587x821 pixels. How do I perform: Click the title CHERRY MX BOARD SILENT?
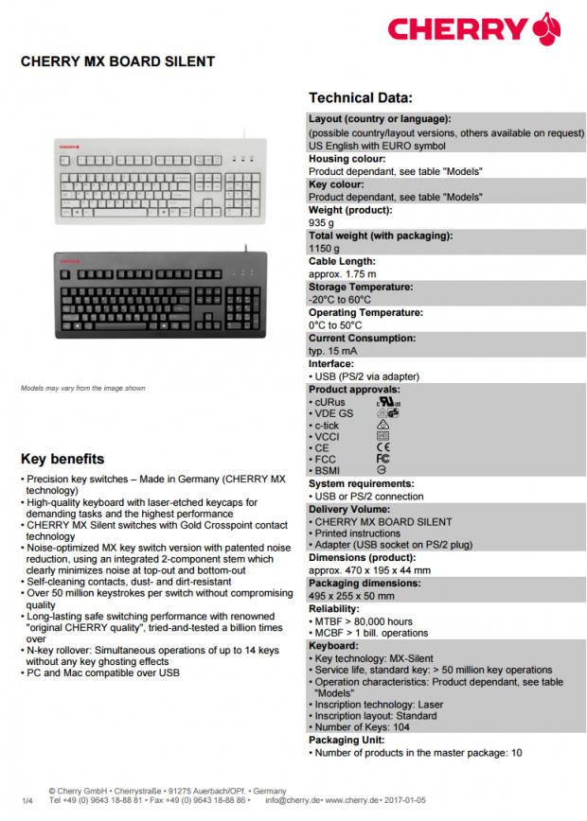click(117, 62)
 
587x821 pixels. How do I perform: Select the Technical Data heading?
click(360, 97)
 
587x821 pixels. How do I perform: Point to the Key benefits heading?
click(62, 459)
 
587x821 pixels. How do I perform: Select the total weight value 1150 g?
click(324, 249)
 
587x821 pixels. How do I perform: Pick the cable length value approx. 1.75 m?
click(342, 274)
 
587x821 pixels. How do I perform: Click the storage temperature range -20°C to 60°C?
click(340, 300)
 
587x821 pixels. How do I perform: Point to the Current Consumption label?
click(362, 338)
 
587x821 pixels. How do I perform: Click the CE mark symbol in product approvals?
click(382, 446)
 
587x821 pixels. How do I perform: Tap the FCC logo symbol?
click(382, 458)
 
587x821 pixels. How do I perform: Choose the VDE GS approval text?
click(336, 413)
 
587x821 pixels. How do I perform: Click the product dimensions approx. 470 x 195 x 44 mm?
click(369, 570)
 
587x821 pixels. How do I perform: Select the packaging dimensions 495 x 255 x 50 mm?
click(353, 596)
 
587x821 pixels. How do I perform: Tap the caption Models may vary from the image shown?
click(83, 388)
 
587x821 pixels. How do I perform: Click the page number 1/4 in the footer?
click(27, 801)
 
